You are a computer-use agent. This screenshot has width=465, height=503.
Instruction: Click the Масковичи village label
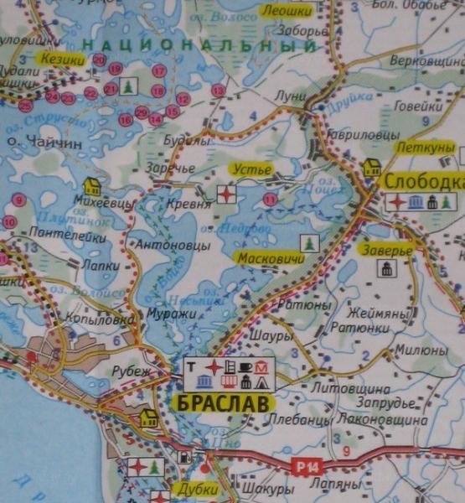(x=270, y=258)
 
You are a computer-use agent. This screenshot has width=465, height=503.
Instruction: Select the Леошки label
(x=287, y=10)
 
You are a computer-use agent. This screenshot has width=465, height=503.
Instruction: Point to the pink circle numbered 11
(x=270, y=200)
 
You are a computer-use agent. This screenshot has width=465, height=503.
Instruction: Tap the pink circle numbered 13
(x=219, y=91)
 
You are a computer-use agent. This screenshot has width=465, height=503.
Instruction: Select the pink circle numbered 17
(x=159, y=70)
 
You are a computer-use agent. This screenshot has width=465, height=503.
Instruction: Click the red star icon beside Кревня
(x=226, y=195)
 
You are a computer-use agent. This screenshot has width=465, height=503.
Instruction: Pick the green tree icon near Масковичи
(x=310, y=242)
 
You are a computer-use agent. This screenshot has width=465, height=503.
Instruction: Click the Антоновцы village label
(x=173, y=246)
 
